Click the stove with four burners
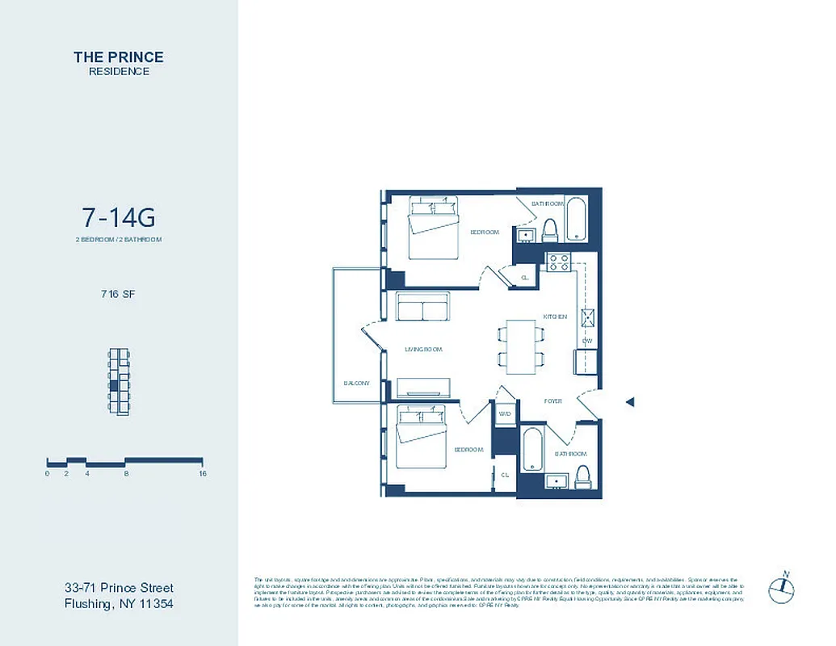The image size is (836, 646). pyautogui.click(x=559, y=262)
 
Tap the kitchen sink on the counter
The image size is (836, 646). pyautogui.click(x=587, y=317)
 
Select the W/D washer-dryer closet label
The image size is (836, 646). pyautogui.click(x=505, y=413)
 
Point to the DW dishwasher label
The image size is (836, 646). pyautogui.click(x=587, y=342)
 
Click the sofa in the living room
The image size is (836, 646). pyautogui.click(x=422, y=309)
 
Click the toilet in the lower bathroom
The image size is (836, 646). pyautogui.click(x=582, y=476)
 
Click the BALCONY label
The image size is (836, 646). pyautogui.click(x=356, y=383)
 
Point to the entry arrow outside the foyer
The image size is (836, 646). pyautogui.click(x=631, y=401)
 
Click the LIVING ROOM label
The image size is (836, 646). pyautogui.click(x=424, y=350)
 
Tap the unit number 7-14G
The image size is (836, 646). pyautogui.click(x=118, y=217)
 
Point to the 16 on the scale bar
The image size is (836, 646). pyautogui.click(x=202, y=474)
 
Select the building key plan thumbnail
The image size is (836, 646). pyautogui.click(x=119, y=381)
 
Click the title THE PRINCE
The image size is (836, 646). pyautogui.click(x=119, y=57)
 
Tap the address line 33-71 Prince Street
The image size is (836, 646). pyautogui.click(x=119, y=588)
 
